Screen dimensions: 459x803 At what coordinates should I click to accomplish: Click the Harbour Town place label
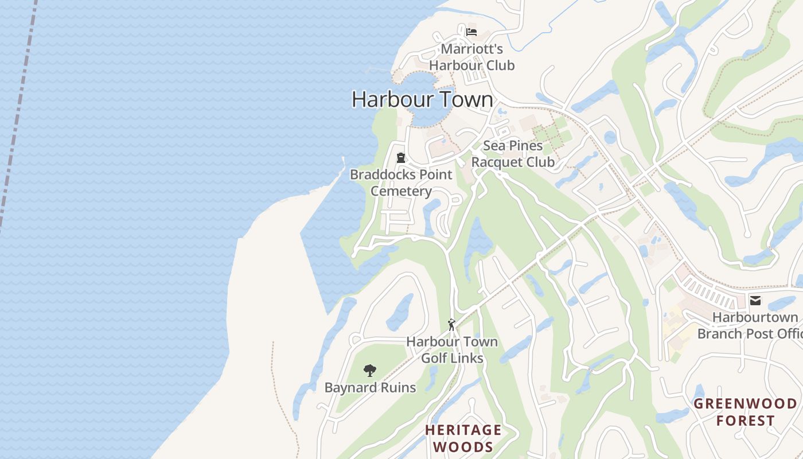pyautogui.click(x=422, y=99)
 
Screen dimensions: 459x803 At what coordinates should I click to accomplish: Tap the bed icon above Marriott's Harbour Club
pyautogui.click(x=471, y=32)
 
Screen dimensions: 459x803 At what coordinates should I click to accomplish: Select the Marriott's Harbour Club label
pyautogui.click(x=471, y=57)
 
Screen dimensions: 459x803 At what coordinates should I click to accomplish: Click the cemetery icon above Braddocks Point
pyautogui.click(x=401, y=157)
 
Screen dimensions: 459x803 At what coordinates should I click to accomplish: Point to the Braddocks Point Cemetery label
pyautogui.click(x=401, y=182)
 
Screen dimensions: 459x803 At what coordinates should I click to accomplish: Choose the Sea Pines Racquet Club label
pyautogui.click(x=513, y=154)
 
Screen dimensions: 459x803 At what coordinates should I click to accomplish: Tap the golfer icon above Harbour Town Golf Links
pyautogui.click(x=452, y=325)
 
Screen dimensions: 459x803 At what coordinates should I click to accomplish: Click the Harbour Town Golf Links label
pyautogui.click(x=452, y=350)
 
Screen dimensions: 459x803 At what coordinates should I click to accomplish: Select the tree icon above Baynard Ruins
pyautogui.click(x=370, y=371)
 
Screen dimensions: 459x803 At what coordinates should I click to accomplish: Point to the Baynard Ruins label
pyautogui.click(x=370, y=388)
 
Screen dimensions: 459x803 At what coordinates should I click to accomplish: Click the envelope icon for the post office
pyautogui.click(x=755, y=300)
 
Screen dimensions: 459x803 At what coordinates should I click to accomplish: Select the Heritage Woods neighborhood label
pyautogui.click(x=463, y=438)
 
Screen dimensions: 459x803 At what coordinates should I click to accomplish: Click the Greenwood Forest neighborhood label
pyautogui.click(x=745, y=412)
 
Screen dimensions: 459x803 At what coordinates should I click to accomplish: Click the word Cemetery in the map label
pyautogui.click(x=401, y=191)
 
